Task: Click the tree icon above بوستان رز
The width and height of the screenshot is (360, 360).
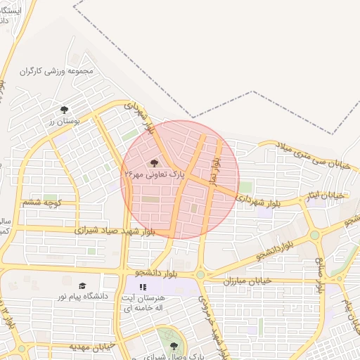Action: pyautogui.click(x=64, y=110)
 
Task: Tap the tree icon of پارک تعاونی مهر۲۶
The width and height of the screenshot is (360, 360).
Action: pyautogui.click(x=155, y=162)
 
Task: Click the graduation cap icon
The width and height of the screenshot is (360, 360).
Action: pyautogui.click(x=83, y=285)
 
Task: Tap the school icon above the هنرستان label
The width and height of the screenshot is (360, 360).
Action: pyautogui.click(x=143, y=287)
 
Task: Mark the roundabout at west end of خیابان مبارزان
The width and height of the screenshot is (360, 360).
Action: pyautogui.click(x=200, y=274)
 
